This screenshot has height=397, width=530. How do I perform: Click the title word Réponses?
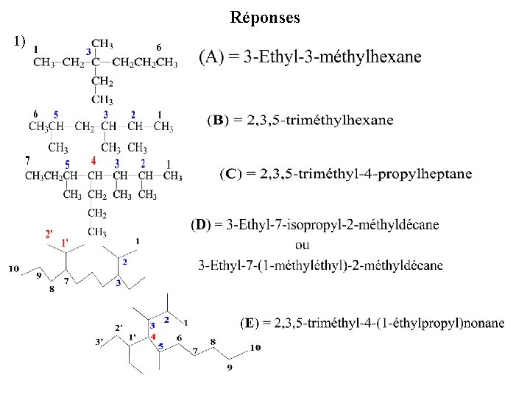(265, 18)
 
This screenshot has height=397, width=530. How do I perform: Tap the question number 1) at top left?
(19, 40)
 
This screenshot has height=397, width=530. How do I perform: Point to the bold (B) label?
(218, 119)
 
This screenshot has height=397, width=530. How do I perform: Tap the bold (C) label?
(230, 174)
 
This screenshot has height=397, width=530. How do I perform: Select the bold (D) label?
(200, 224)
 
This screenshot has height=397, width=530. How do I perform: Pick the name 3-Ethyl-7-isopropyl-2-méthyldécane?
(326, 224)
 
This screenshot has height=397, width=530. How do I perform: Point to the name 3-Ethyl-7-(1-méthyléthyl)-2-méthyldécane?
(321, 265)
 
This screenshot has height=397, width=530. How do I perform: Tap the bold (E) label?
(250, 323)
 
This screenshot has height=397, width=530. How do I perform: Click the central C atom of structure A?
(96, 62)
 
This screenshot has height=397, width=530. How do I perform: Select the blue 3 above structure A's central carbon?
(88, 51)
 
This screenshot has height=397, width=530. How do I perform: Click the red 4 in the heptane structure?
(93, 160)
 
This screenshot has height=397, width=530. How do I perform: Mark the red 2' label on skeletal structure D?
(49, 234)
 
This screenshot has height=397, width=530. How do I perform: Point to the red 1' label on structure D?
(65, 243)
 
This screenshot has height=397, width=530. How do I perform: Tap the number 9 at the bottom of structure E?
(229, 368)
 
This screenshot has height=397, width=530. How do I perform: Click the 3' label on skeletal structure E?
(99, 340)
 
